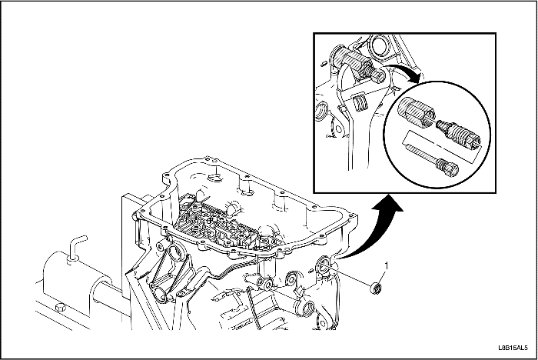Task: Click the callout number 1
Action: pyautogui.click(x=387, y=265)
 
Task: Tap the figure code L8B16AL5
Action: pyautogui.click(x=513, y=348)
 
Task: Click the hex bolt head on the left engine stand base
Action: pyautogui.click(x=60, y=307)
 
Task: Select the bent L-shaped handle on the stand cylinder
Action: pyautogui.click(x=77, y=247)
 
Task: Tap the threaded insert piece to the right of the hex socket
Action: pyautogui.click(x=459, y=133)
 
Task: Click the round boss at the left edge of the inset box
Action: pyautogui.click(x=321, y=110)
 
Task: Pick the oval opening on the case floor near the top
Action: pyautogui.click(x=215, y=177)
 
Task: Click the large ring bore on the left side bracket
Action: pyautogui.click(x=178, y=254)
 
